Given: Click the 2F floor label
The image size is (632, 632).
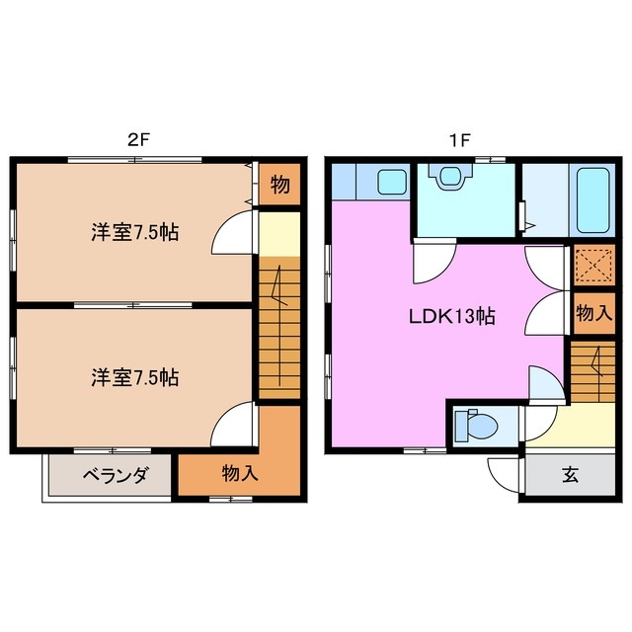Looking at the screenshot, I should tap(138, 139).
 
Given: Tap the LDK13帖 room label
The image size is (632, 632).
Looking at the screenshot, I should tap(452, 317).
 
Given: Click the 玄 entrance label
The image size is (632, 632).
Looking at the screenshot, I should tap(571, 475).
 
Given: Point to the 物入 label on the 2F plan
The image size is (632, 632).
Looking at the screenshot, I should tap(239, 474).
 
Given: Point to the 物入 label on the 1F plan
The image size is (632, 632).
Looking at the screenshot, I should tap(593, 314).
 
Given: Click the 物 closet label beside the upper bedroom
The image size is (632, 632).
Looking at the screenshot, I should tap(279, 186).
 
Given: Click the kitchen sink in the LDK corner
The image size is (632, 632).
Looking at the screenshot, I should tap(393, 182).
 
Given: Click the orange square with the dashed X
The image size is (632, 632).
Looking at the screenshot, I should tap(594, 265).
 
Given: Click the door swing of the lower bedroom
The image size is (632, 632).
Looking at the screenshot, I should tap(235, 425).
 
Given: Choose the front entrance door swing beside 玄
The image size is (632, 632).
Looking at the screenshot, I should tap(506, 475).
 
